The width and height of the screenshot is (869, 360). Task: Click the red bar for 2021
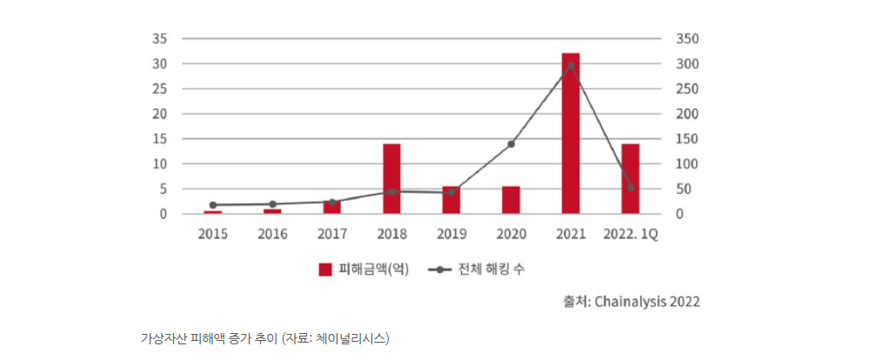(571, 133)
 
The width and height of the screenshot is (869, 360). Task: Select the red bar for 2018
(391, 178)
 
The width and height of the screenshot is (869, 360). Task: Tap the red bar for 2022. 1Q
(630, 178)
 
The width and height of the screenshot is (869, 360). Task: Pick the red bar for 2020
(511, 200)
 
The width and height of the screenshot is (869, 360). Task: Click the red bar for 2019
(451, 200)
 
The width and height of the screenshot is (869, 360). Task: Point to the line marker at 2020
(511, 144)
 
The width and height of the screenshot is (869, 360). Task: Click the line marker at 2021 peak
(571, 66)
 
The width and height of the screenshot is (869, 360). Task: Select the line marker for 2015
(213, 205)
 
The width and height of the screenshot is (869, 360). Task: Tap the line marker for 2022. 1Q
(631, 188)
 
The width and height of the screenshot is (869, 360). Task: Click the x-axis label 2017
(332, 234)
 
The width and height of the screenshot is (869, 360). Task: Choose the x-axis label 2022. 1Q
(630, 234)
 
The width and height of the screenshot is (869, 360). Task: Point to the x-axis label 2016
(272, 234)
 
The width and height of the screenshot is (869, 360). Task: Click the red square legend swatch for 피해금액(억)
(325, 270)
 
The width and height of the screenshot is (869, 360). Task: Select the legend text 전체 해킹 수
(492, 270)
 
